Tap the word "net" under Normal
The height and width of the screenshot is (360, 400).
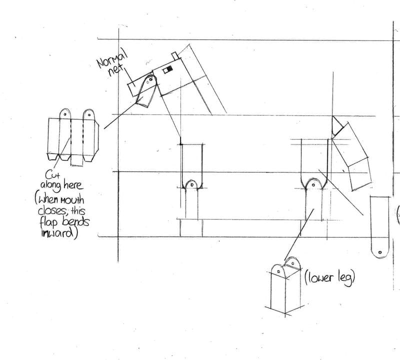[x=116, y=71]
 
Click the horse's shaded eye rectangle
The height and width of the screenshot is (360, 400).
[x=169, y=68]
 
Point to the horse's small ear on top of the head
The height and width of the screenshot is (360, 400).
[x=174, y=54]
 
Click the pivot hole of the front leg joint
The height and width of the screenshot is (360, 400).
[x=191, y=185]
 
